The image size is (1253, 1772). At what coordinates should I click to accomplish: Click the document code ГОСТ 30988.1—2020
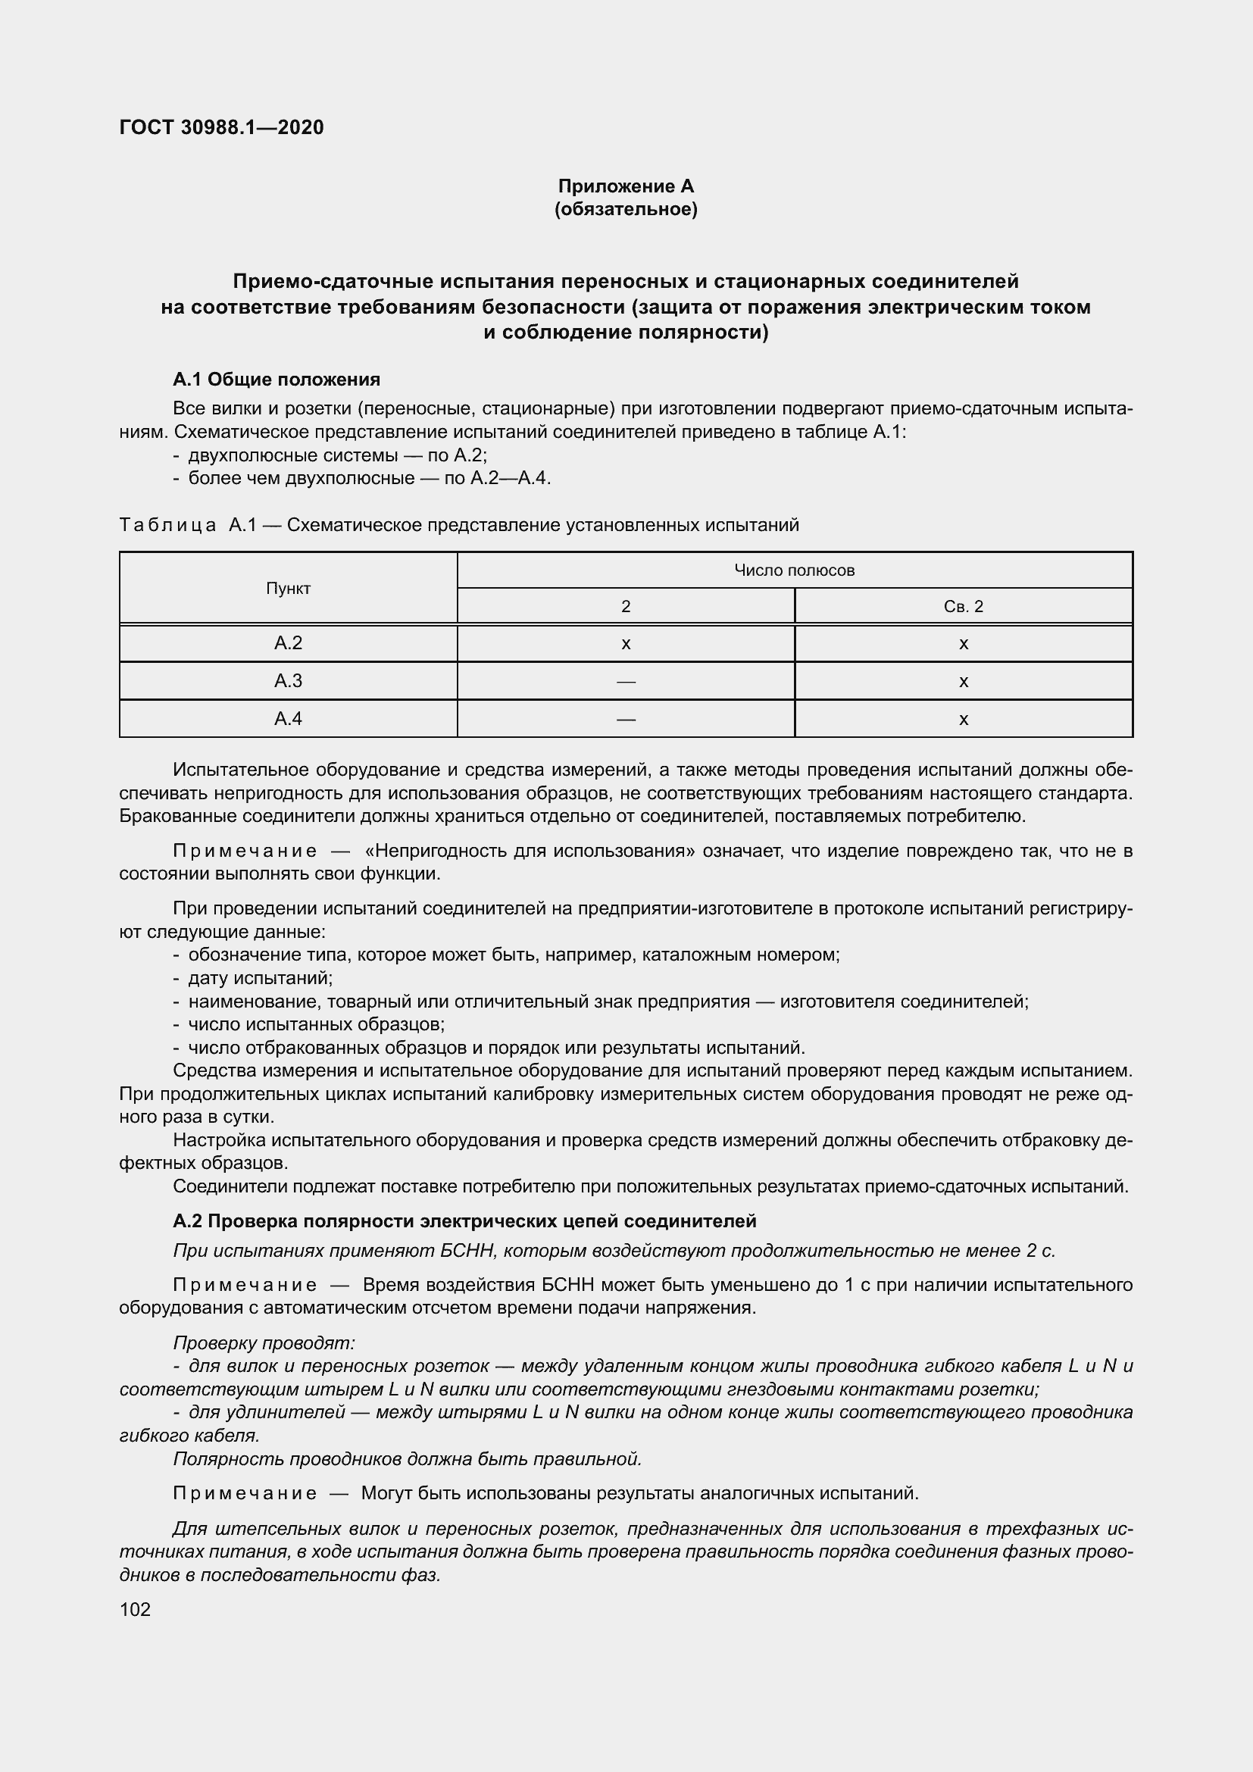pyautogui.click(x=221, y=127)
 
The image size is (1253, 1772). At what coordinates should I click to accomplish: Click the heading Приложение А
pyautogui.click(x=626, y=186)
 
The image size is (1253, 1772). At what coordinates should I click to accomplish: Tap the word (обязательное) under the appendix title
pyautogui.click(x=626, y=209)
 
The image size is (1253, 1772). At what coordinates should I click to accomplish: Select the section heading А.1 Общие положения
pyautogui.click(x=277, y=379)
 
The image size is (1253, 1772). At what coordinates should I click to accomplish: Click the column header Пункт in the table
pyautogui.click(x=288, y=588)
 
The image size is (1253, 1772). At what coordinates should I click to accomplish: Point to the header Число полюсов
pyautogui.click(x=794, y=570)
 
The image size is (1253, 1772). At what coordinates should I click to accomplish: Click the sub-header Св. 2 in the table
pyautogui.click(x=963, y=607)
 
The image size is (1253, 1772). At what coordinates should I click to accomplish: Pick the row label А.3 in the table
pyautogui.click(x=288, y=681)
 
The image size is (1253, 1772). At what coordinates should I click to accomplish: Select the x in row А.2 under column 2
pyautogui.click(x=626, y=644)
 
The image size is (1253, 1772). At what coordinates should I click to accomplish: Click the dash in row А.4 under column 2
pyautogui.click(x=626, y=719)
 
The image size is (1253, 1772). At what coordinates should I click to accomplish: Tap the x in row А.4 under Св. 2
pyautogui.click(x=963, y=719)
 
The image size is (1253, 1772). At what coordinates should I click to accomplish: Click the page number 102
pyautogui.click(x=135, y=1609)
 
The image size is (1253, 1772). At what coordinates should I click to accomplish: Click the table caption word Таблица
pyautogui.click(x=168, y=526)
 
